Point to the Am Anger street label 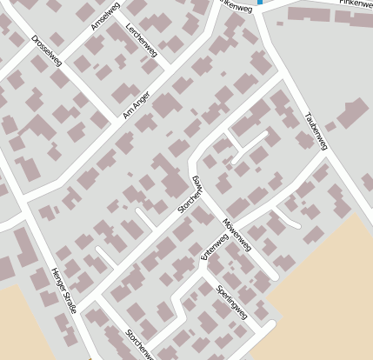click(137, 107)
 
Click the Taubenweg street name click(315, 130)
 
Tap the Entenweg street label click(212, 248)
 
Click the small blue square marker click(260, 3)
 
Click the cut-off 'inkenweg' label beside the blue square click(235, 3)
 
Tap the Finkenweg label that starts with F click(356, 4)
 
